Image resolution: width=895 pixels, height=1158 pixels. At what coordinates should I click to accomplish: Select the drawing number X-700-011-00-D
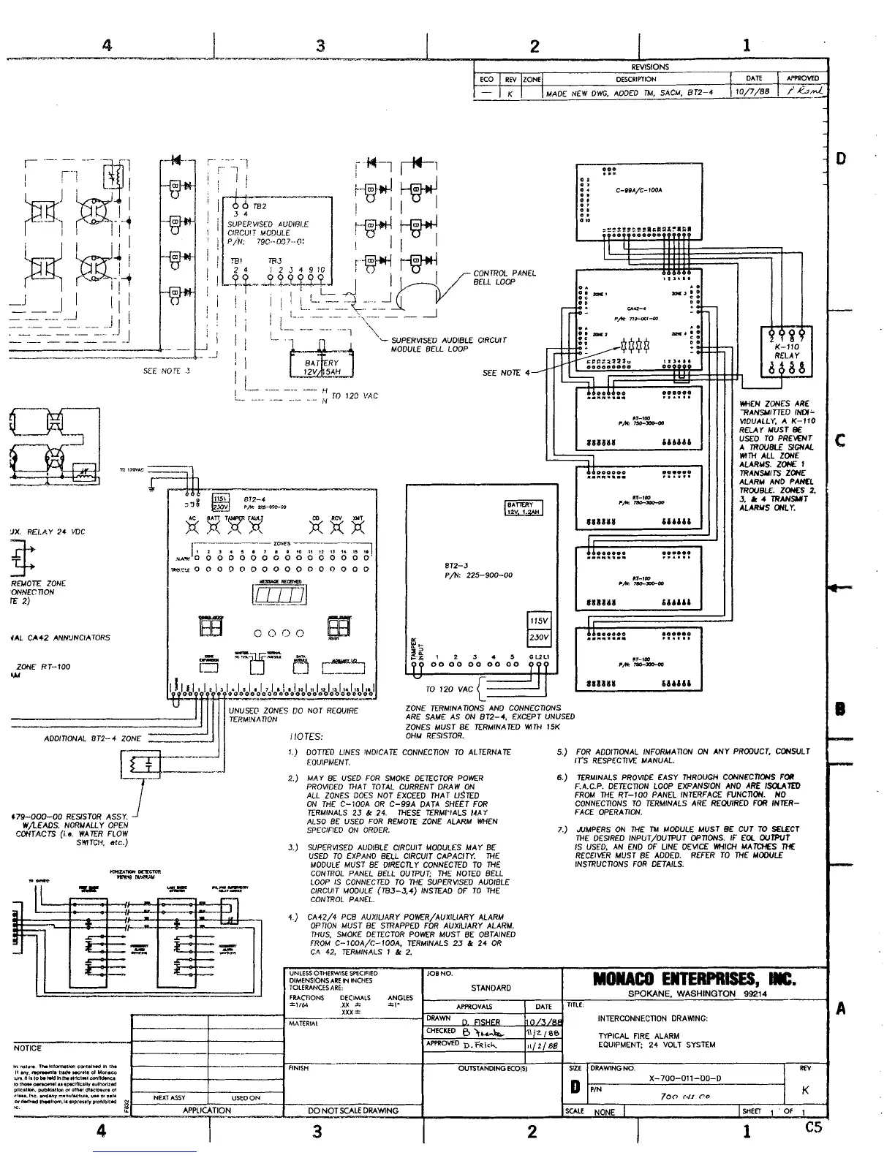(685, 1078)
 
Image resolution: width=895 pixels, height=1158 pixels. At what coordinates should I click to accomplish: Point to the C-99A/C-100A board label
(644, 189)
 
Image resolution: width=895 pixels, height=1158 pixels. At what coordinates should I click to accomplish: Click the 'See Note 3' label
(167, 371)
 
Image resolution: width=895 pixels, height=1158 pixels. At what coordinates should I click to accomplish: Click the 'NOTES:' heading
(306, 737)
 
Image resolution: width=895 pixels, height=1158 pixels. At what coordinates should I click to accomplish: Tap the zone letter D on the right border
(841, 158)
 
